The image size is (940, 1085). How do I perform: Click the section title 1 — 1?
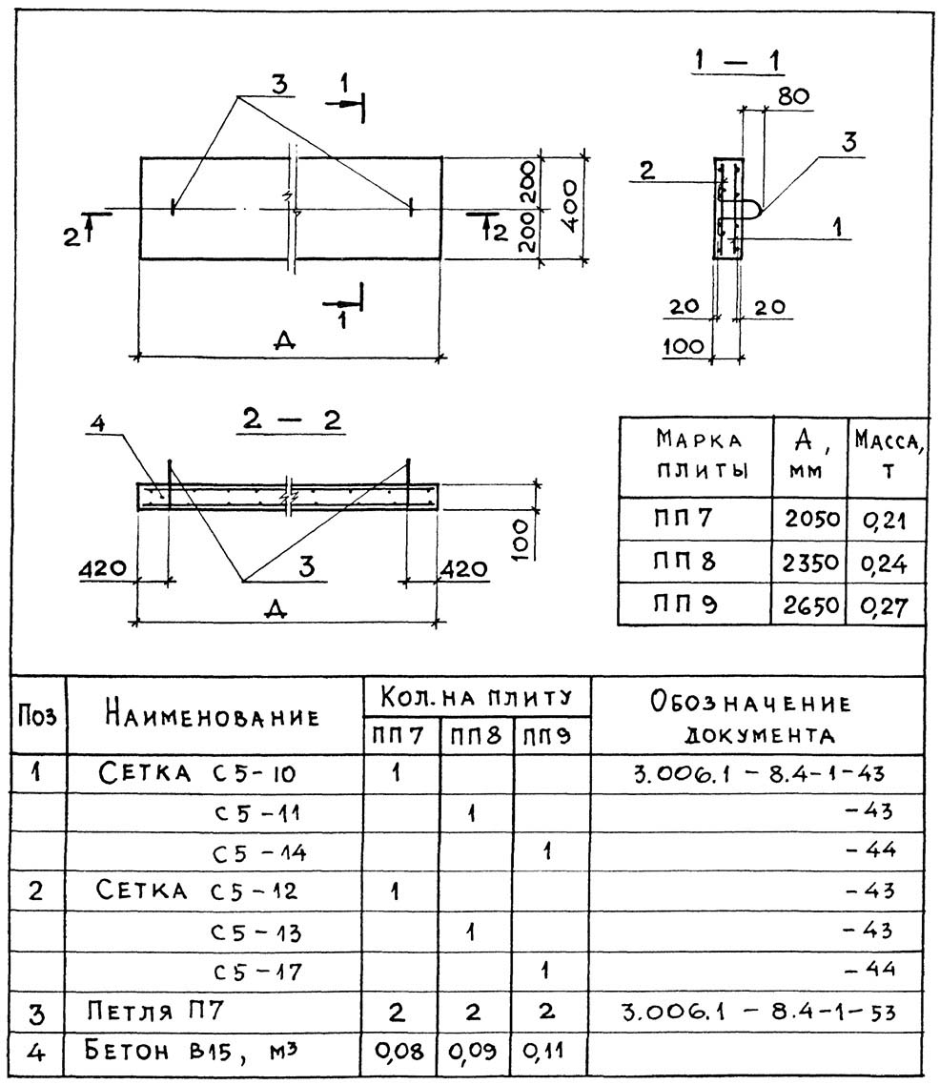click(737, 61)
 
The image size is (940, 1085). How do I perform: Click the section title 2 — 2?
click(292, 420)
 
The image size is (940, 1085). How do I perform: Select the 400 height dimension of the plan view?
click(568, 206)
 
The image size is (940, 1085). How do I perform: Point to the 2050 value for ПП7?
click(811, 519)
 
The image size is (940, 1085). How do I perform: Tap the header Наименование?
click(213, 715)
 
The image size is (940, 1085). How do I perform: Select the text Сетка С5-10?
click(197, 771)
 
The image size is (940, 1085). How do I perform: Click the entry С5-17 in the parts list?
click(256, 972)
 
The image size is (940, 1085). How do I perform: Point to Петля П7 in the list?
click(155, 1011)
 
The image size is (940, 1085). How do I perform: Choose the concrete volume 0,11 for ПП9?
click(543, 1051)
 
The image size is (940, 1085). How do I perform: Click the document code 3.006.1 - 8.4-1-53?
click(759, 1013)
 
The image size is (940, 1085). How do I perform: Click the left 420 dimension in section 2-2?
click(102, 569)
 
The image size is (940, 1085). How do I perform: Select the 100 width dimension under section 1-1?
click(684, 346)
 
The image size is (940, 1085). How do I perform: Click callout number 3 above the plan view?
click(278, 85)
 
